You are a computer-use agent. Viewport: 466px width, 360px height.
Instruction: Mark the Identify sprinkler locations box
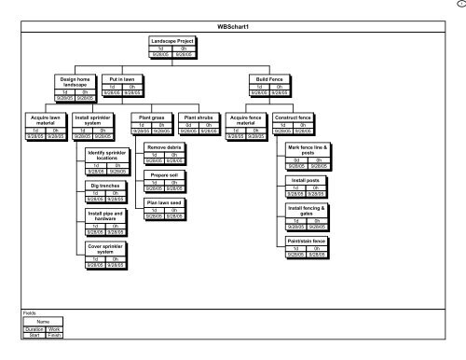pyautogui.click(x=108, y=155)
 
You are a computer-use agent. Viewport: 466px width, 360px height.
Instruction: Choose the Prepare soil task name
pyautogui.click(x=164, y=175)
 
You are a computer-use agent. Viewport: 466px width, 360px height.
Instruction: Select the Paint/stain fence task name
pyautogui.click(x=307, y=241)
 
